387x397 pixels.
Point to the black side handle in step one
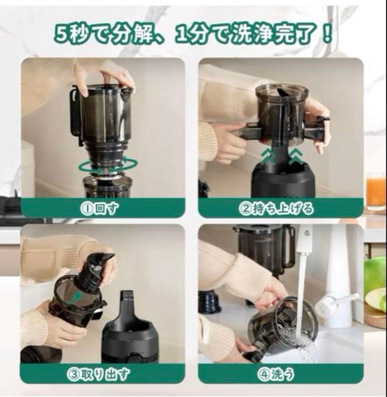pos(76,114)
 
